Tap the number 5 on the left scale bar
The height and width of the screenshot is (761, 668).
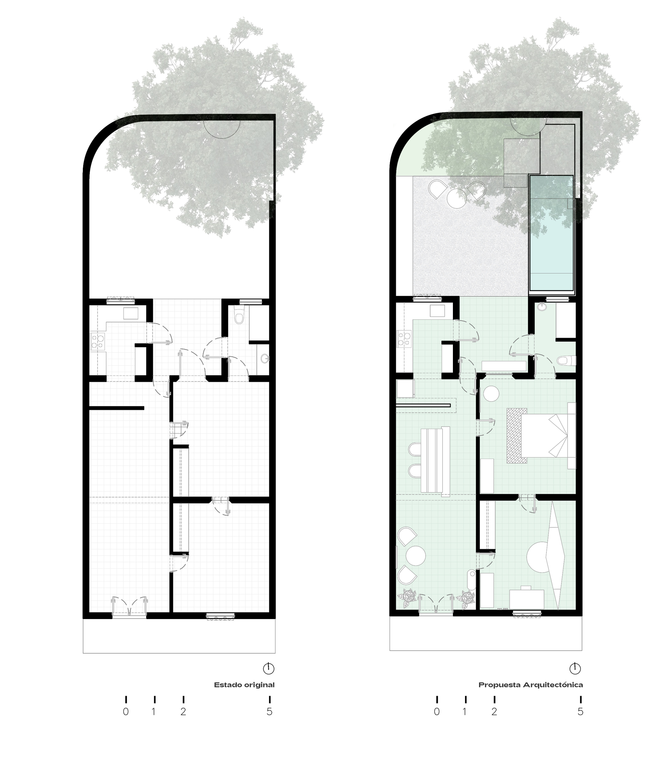[270, 712]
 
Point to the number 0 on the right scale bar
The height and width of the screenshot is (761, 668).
[437, 712]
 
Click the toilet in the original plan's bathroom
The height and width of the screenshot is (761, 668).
[239, 317]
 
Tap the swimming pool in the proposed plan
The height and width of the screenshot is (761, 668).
[551, 233]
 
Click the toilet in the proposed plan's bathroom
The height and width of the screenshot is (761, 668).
[566, 361]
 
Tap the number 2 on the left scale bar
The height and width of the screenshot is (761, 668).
[183, 712]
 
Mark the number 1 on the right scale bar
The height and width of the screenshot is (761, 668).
[465, 712]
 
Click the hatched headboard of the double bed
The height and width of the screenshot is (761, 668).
[517, 436]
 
